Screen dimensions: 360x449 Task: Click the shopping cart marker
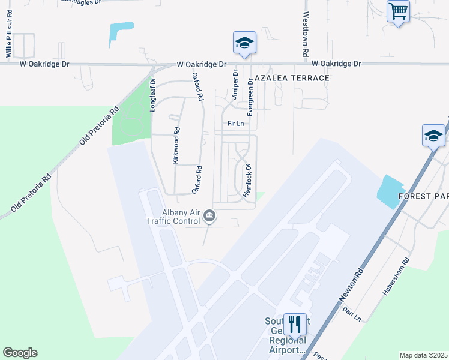point(398,11)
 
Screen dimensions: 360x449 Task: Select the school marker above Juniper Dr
point(244,43)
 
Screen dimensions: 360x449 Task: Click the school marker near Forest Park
point(433,136)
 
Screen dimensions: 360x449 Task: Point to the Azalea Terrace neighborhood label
point(292,79)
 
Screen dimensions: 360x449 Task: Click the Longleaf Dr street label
point(152,92)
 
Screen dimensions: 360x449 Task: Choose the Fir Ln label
point(235,124)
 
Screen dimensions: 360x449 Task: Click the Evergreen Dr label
point(250,97)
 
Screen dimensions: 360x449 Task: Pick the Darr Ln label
point(352,312)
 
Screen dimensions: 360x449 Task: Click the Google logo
point(20,353)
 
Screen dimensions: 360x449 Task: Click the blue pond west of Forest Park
point(390,191)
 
